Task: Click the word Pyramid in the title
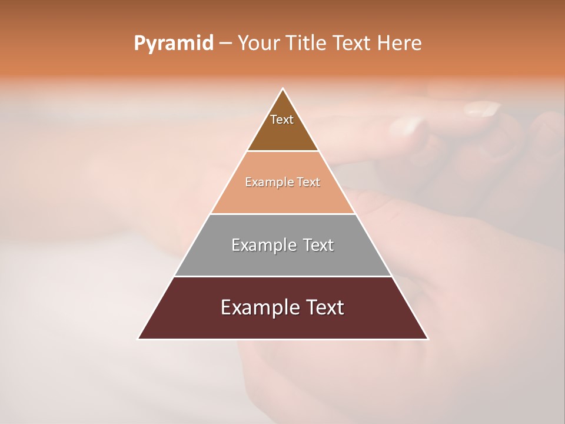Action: (173, 44)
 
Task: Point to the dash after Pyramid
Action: (225, 44)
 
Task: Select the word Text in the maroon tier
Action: (323, 307)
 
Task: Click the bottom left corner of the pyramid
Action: (138, 339)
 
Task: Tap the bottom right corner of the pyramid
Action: (427, 339)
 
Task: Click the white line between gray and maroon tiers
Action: (282, 276)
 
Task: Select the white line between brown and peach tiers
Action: (282, 151)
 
